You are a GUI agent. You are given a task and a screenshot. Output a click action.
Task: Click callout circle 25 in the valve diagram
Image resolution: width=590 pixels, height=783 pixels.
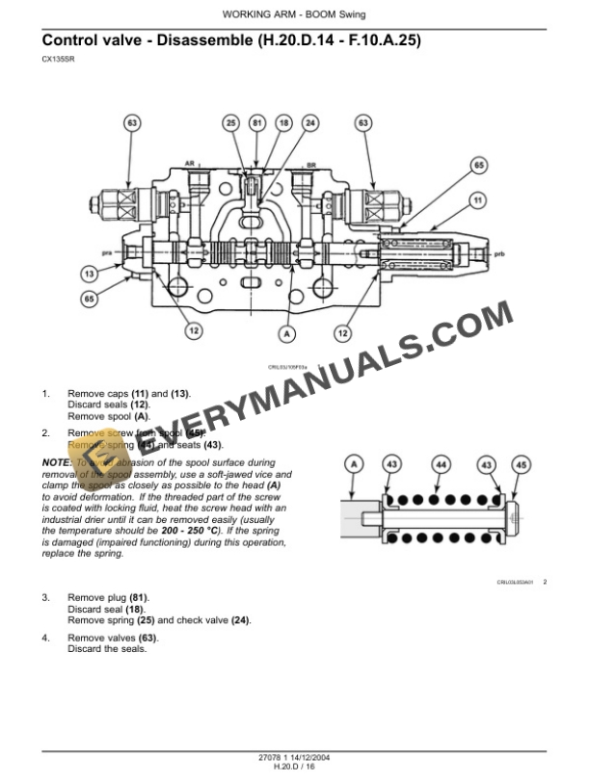click(x=229, y=123)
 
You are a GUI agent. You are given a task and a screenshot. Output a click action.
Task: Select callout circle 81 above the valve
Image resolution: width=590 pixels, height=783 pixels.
click(x=256, y=123)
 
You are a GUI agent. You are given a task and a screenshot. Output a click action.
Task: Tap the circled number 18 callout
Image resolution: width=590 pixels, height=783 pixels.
click(x=283, y=123)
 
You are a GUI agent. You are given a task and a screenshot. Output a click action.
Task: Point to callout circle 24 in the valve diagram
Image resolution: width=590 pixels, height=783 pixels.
click(x=310, y=123)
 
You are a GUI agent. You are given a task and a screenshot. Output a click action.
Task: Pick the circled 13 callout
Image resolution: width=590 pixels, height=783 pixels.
click(x=89, y=274)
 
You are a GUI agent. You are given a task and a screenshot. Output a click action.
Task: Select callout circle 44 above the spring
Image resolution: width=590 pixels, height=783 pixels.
click(x=441, y=465)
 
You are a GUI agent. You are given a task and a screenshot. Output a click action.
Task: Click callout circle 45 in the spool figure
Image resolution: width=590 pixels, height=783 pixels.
click(x=522, y=465)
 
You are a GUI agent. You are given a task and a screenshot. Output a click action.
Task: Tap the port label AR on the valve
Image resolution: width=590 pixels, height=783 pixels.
click(x=191, y=164)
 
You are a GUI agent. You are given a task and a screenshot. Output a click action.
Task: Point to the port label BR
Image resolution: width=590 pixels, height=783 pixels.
click(x=310, y=164)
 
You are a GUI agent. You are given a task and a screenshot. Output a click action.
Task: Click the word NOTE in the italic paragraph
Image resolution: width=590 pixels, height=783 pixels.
click(x=56, y=463)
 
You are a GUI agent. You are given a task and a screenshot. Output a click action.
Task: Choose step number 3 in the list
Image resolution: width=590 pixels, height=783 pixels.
click(x=45, y=598)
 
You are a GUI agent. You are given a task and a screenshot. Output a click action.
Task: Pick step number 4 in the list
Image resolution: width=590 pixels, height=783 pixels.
click(x=45, y=639)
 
